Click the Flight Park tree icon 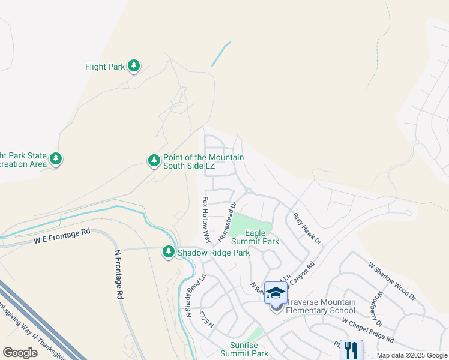[x=134, y=66]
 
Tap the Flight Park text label [x=104, y=67]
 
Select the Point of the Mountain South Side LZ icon [x=154, y=160]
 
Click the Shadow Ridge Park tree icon [x=169, y=253]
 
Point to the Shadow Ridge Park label [x=213, y=253]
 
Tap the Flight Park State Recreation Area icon [x=56, y=159]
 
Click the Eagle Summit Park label [x=262, y=237]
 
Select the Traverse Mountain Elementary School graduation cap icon [x=276, y=293]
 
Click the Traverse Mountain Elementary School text [x=321, y=306]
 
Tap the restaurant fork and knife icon [x=351, y=349]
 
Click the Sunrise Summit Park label [x=249, y=349]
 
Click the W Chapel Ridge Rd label [x=367, y=329]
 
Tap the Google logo [x=20, y=353]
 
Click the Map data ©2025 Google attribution [x=412, y=356]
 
